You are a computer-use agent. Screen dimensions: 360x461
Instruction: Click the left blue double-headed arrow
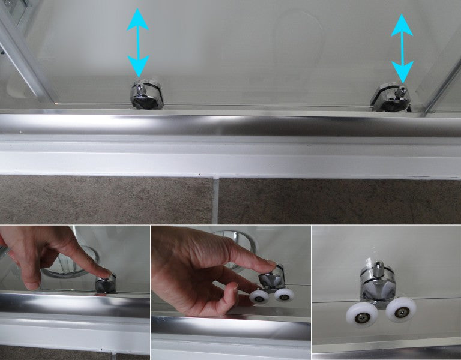(139, 41)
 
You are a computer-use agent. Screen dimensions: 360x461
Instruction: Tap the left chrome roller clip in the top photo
(146, 95)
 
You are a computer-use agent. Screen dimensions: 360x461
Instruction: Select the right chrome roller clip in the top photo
(392, 98)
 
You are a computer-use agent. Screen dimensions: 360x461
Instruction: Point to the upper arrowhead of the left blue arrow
(139, 18)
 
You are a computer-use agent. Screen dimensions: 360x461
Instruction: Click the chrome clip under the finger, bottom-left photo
(106, 284)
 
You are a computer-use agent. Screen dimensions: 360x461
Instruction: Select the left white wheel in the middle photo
(259, 297)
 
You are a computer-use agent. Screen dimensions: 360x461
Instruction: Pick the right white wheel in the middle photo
(284, 294)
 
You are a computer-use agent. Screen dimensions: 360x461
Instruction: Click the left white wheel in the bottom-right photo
(361, 313)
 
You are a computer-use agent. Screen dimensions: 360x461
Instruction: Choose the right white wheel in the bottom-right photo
(400, 310)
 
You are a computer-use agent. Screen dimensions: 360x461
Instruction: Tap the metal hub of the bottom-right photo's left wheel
(361, 313)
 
